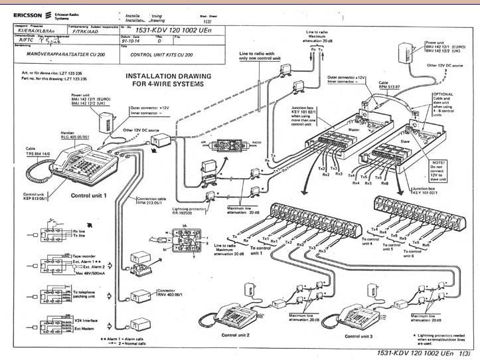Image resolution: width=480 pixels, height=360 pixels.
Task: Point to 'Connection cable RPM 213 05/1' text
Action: pos(154,203)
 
